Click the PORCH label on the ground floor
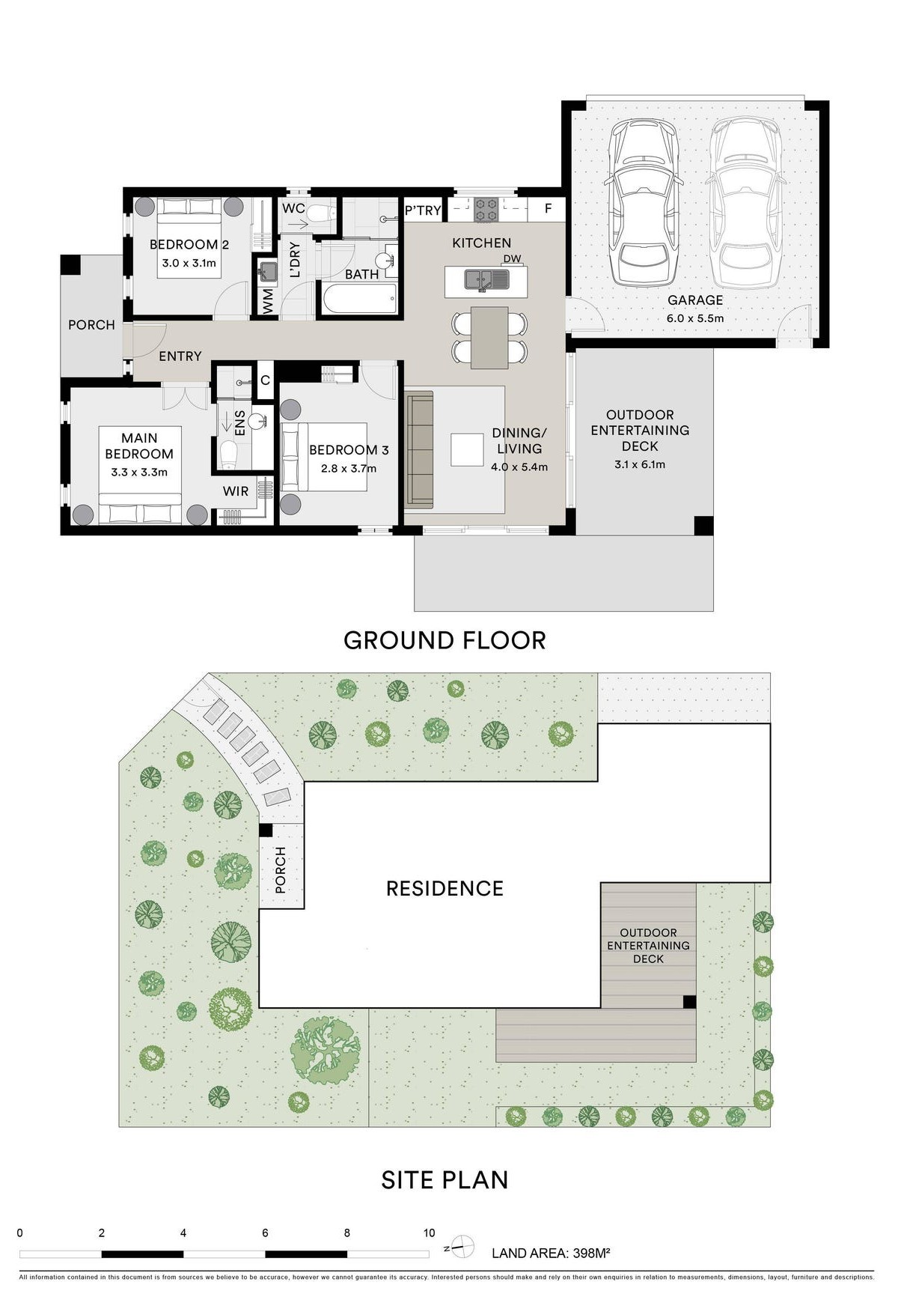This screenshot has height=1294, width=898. tap(91, 325)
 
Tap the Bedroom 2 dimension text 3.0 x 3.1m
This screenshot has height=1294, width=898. tap(189, 263)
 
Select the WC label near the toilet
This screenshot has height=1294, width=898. tap(293, 208)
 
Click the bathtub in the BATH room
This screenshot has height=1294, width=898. tap(358, 300)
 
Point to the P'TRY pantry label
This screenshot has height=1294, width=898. tap(423, 210)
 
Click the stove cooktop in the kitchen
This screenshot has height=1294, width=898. tap(485, 209)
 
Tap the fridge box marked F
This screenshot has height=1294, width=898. tap(548, 209)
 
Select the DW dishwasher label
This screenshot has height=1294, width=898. tap(512, 259)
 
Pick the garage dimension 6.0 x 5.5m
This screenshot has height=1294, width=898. tap(695, 318)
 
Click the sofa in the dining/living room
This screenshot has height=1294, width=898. tap(420, 449)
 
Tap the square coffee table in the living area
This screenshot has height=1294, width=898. tap(467, 449)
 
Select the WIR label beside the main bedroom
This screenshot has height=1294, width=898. tap(236, 491)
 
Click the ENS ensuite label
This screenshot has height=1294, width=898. tap(240, 424)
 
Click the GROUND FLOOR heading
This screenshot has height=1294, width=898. tap(445, 640)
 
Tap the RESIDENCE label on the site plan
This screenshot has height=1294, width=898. tap(445, 888)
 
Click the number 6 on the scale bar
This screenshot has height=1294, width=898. tap(265, 1233)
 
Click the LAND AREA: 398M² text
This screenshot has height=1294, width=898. tap(552, 1253)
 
